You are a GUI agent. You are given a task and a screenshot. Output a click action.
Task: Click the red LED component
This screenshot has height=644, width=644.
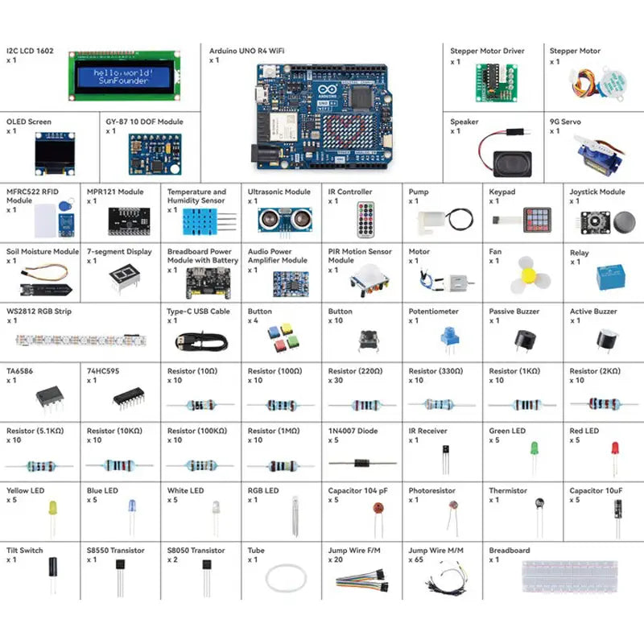(615, 449)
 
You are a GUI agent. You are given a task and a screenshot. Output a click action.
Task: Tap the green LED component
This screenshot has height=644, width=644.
(534, 448)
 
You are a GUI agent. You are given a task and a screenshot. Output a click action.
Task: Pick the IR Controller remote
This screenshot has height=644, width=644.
(367, 219)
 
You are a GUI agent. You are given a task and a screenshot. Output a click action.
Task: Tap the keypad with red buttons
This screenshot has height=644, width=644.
(539, 218)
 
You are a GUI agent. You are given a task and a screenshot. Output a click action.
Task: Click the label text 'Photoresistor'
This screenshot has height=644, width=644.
(431, 490)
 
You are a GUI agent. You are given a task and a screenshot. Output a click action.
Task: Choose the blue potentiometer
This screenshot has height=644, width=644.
(448, 337)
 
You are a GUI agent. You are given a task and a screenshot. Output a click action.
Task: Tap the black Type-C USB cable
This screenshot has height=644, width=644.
(206, 341)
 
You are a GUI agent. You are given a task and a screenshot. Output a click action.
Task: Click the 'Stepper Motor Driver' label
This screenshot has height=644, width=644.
(487, 51)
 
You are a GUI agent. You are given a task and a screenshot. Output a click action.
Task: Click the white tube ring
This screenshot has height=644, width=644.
(287, 578)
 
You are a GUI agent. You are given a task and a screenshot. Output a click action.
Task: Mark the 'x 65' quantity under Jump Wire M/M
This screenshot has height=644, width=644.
(415, 559)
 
